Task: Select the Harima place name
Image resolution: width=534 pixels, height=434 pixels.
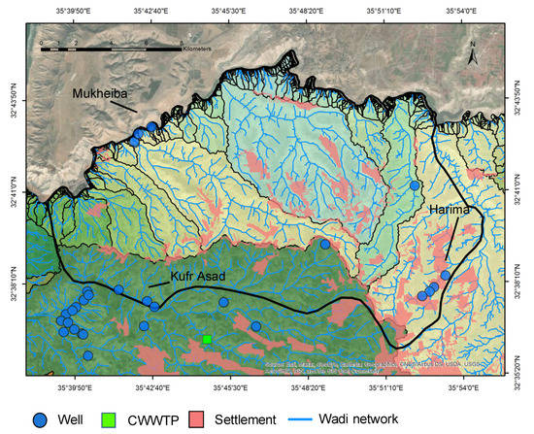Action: point(451,211)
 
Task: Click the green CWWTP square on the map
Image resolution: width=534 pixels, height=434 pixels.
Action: point(207,339)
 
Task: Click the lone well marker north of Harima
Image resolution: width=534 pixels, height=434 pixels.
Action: point(415,185)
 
